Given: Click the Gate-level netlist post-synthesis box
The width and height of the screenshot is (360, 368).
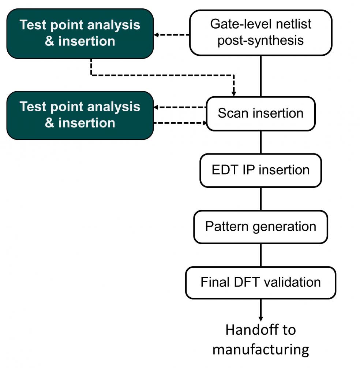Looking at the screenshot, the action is point(260,33).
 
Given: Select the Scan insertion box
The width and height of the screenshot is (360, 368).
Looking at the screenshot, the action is point(260,114).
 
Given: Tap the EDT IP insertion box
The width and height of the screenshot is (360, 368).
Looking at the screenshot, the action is point(260,170).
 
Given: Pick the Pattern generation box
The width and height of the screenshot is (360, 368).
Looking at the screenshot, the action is point(260,227).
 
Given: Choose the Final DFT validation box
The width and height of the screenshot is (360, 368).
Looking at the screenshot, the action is point(260,283).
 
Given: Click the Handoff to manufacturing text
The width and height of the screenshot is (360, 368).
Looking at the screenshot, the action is point(260,339).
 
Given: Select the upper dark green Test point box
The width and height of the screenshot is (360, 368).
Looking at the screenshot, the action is point(80,34).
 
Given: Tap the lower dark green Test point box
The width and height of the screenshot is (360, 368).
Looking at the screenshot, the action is point(80,115).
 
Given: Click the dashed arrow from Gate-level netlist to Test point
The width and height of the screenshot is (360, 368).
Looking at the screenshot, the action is point(172,35).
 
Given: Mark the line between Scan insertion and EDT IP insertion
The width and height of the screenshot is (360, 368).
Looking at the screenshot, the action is point(261,142).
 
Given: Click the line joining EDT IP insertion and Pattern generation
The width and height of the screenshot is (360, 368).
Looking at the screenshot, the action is point(261,199).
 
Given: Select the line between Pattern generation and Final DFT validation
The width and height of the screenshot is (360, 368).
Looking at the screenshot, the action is point(261,255).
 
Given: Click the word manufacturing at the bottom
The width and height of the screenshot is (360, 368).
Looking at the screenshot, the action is point(260,350).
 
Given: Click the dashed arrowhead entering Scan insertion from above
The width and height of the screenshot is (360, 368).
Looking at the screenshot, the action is point(233,94).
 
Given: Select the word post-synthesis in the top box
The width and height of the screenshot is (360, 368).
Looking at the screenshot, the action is point(260,40).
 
